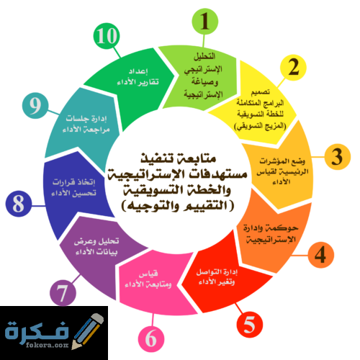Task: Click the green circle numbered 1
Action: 204,22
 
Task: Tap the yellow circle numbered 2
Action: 293,68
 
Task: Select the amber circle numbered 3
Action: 338,157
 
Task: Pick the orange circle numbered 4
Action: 320,255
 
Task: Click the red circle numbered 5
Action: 250,325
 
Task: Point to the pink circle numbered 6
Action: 151,338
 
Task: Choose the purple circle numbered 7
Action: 63,293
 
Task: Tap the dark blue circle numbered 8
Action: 19,204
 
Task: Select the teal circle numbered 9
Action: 35,106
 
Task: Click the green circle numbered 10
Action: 107,36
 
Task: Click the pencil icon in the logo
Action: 88,331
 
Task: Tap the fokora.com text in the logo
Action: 48,345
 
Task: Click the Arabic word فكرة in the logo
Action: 37,330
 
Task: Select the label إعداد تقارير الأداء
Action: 138,77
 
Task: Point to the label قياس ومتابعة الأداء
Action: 148,279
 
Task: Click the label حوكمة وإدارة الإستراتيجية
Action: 271,233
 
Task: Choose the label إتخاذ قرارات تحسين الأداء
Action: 73,187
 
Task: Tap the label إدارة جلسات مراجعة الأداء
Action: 86,124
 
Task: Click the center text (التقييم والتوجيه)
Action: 178,206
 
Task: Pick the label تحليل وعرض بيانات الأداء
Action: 96,246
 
